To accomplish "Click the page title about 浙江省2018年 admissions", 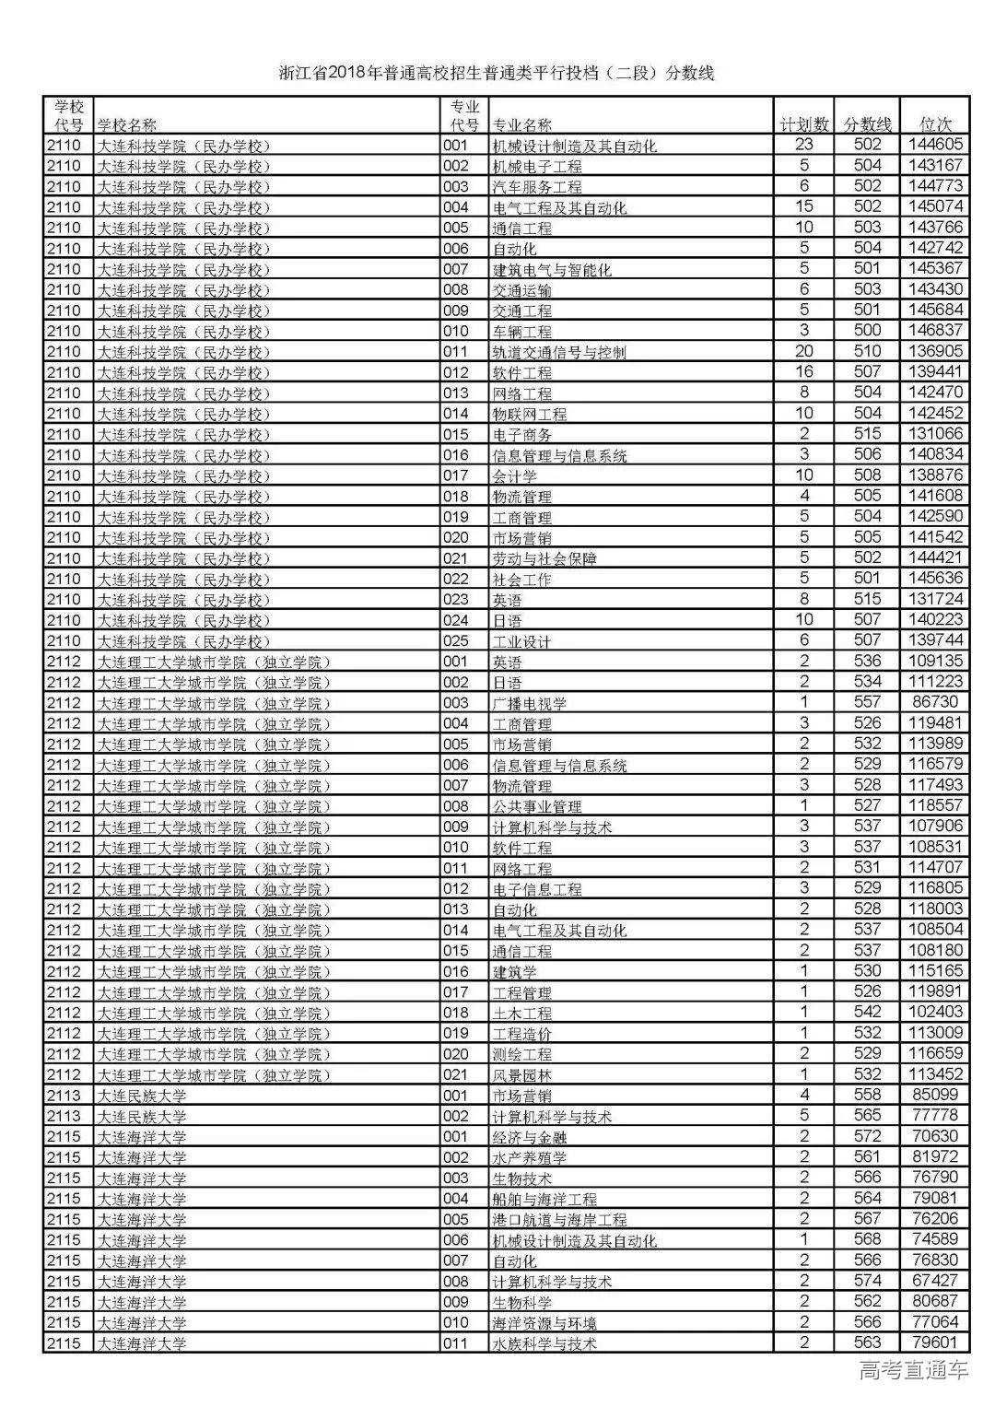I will (x=497, y=74).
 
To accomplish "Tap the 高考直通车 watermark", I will (x=913, y=1369).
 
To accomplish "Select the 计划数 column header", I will (x=804, y=124).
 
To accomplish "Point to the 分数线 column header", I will (x=868, y=124).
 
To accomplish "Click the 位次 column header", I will (x=935, y=124).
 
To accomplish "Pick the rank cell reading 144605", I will (x=934, y=145).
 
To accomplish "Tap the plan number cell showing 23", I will (x=804, y=145).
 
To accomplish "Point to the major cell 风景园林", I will (x=522, y=1075).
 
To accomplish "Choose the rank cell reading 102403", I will (x=934, y=1013).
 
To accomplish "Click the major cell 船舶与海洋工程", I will (x=544, y=1200).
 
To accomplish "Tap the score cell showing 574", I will (x=868, y=1281).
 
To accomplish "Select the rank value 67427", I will (x=934, y=1281).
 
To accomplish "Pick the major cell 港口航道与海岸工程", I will (x=559, y=1220).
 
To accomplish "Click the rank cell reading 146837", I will (x=934, y=331).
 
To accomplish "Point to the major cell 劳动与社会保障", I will (x=544, y=558).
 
